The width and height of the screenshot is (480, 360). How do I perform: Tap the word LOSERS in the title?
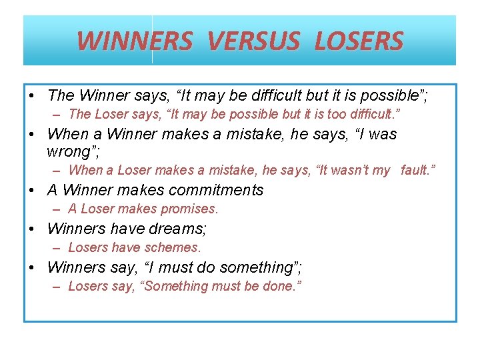click(359, 41)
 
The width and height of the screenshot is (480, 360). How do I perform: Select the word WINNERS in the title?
click(135, 41)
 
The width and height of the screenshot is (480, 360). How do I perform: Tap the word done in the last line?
click(282, 286)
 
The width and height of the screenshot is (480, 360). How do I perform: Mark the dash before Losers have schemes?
click(57, 248)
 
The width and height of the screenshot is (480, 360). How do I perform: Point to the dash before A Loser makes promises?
click(57, 209)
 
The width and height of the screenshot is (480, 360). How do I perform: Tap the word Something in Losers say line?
click(176, 286)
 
